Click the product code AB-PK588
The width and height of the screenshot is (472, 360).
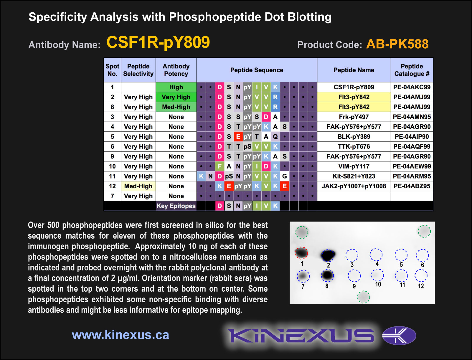[397, 44]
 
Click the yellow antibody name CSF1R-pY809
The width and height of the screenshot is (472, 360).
[158, 42]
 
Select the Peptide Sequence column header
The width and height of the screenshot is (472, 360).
[257, 70]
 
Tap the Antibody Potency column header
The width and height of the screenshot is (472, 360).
[176, 70]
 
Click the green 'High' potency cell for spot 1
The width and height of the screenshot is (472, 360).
[176, 87]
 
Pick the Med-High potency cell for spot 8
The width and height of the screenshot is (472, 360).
[176, 107]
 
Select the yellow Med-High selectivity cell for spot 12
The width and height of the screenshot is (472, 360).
[138, 186]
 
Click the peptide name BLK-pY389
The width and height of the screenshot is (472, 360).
[354, 136]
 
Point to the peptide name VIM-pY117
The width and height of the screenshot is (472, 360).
[354, 166]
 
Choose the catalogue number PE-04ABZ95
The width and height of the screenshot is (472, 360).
[412, 186]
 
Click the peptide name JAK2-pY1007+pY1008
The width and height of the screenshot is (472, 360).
[354, 186]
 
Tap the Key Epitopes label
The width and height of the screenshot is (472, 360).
[176, 206]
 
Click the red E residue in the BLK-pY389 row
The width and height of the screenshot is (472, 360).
[238, 136]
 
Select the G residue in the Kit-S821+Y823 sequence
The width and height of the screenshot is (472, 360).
[285, 176]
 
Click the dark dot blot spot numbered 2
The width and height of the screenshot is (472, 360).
[328, 255]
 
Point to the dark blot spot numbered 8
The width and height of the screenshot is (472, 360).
[327, 275]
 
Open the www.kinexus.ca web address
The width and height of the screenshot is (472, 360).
[121, 335]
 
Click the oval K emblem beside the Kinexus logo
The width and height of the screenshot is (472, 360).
[399, 336]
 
